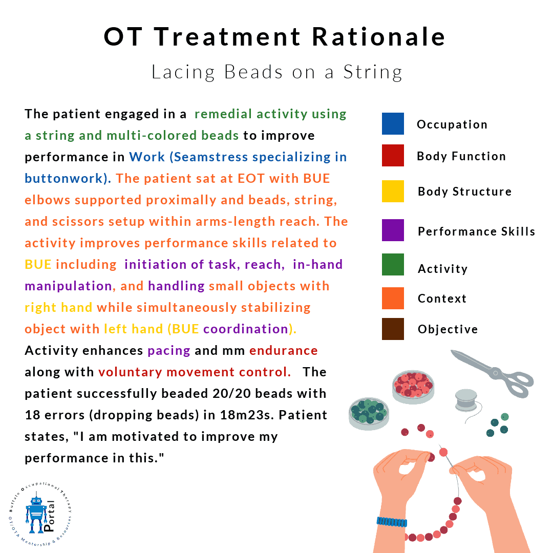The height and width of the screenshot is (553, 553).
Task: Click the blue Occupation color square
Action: [393, 124]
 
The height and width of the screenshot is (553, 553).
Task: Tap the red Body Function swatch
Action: [393, 155]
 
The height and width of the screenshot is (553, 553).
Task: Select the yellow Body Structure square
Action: [393, 191]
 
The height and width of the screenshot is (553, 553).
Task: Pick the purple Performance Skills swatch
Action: [393, 230]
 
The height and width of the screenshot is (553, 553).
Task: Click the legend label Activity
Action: [442, 269]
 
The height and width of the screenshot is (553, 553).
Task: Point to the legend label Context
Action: [442, 299]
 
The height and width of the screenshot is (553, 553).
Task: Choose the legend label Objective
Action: [448, 329]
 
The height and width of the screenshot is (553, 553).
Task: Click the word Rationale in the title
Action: [379, 37]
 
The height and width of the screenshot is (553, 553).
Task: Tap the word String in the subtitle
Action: [373, 73]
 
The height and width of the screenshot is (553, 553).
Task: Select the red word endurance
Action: [284, 351]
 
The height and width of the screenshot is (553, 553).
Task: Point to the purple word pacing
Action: [169, 351]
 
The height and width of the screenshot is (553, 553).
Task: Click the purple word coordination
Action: [246, 329]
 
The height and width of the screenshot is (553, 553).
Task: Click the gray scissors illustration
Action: [493, 373]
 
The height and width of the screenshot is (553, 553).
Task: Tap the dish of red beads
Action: [413, 387]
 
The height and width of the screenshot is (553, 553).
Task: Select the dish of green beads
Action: [369, 414]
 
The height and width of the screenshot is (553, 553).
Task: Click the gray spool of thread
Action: [466, 400]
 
